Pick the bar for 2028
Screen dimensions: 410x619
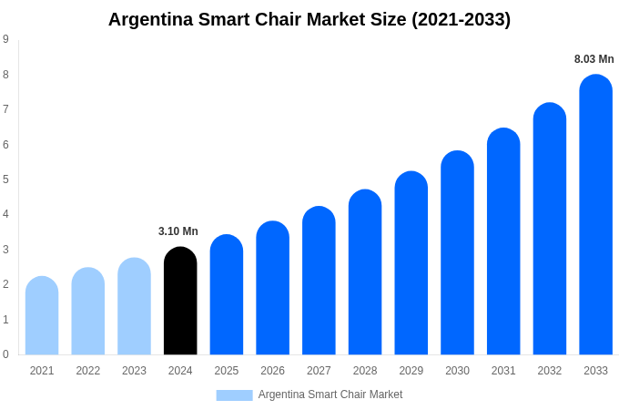[365, 272]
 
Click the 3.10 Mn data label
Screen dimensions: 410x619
[178, 231]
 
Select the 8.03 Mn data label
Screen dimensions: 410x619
[594, 59]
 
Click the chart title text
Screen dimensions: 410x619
[309, 19]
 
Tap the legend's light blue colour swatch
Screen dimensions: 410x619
[234, 395]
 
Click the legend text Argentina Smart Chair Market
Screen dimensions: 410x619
[330, 395]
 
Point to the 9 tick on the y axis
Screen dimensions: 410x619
[5, 39]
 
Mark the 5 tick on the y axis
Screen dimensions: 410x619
[5, 179]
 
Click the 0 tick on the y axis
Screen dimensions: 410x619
[5, 354]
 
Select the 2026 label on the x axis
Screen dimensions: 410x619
[272, 371]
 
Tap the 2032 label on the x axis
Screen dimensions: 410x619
[549, 371]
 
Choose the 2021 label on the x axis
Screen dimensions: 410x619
[42, 371]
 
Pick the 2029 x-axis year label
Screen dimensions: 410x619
[411, 371]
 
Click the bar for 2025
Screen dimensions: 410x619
[227, 295]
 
